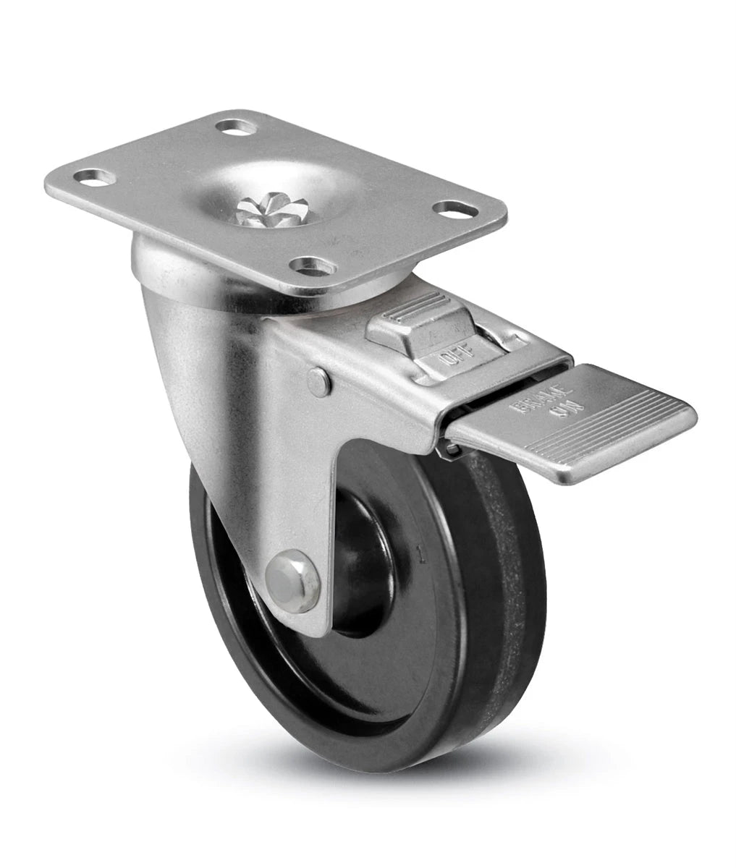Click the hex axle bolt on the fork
tap(292, 581)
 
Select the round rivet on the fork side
tap(318, 381)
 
